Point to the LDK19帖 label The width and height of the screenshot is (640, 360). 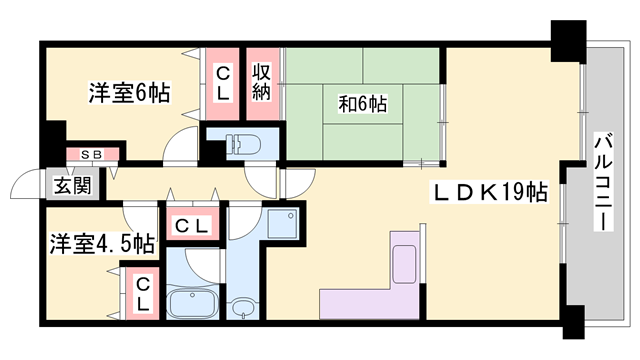click(489, 192)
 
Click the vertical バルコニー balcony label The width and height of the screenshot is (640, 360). click(603, 181)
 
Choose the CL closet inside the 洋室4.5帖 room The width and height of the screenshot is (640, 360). click(143, 294)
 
